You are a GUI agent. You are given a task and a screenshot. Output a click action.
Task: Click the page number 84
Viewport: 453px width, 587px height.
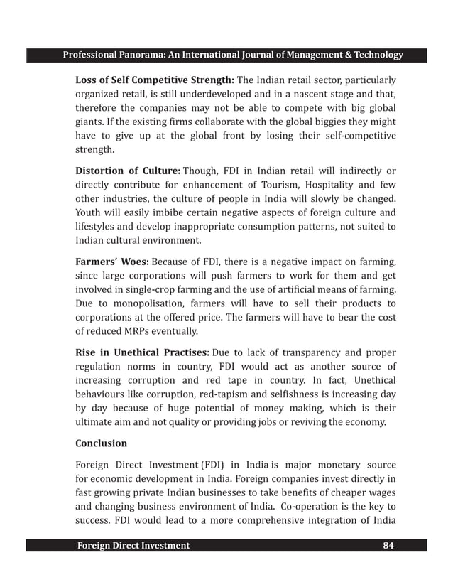pyautogui.click(x=389, y=545)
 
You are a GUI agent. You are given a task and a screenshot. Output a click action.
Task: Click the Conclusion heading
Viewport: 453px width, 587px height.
pyautogui.click(x=102, y=443)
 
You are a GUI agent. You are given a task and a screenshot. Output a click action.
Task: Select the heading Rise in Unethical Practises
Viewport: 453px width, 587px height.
pyautogui.click(x=142, y=353)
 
